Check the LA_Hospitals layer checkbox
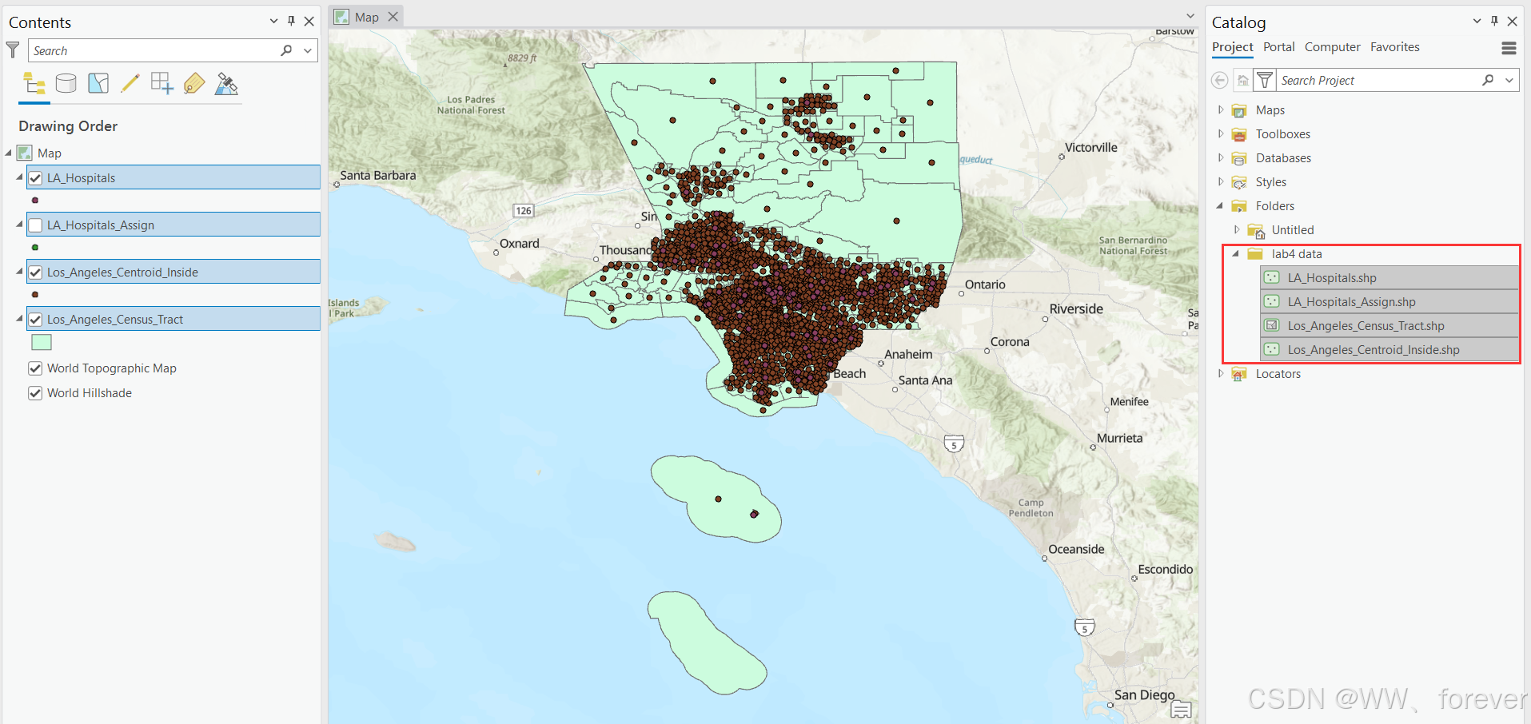coord(35,178)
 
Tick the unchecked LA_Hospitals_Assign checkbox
coord(35,225)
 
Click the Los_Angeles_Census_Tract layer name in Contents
coord(115,320)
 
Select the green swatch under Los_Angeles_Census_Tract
coord(42,342)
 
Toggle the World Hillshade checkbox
coord(35,393)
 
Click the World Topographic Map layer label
coord(112,368)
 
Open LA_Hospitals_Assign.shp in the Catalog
coord(1351,302)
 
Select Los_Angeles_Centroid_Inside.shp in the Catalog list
coord(1373,350)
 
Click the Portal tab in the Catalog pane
coord(1278,47)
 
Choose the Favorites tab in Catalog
coord(1394,47)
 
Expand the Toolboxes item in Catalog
coord(1221,134)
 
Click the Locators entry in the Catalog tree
coord(1278,374)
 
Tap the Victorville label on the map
coord(1090,148)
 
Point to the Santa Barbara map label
coord(377,176)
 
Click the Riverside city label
coord(1076,309)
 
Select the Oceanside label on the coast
coord(1076,550)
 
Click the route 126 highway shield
coord(524,211)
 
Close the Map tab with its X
coord(393,17)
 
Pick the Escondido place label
coord(1165,570)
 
